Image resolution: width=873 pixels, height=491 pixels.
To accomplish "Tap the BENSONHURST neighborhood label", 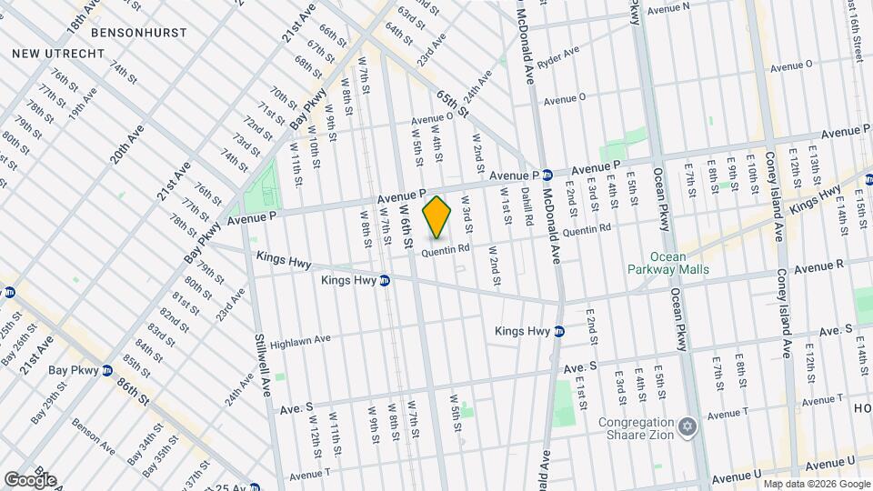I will click(145, 32).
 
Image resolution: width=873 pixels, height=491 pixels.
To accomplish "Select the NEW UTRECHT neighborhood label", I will click(58, 54).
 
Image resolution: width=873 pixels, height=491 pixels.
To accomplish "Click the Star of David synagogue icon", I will click(687, 426).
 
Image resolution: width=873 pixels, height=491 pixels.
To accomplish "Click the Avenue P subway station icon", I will click(548, 175).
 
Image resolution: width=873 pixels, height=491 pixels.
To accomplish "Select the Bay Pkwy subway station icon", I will click(105, 370).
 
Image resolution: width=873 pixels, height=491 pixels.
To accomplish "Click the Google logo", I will click(30, 479).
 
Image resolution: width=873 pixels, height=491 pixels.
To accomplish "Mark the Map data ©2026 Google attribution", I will click(816, 484).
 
